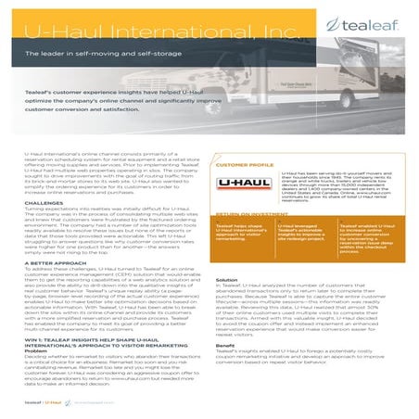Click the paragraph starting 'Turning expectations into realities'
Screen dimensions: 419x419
pos(102,226)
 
